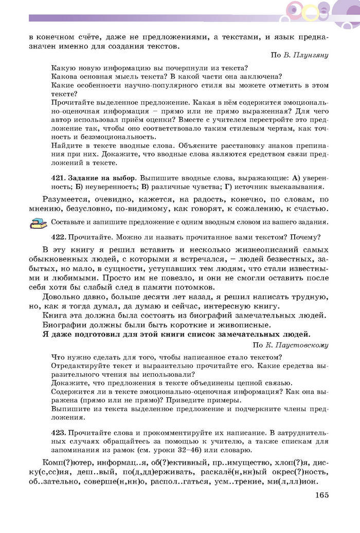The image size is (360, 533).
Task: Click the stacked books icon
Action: click(x=38, y=223)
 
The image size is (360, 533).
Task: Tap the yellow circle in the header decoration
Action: click(x=311, y=11)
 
